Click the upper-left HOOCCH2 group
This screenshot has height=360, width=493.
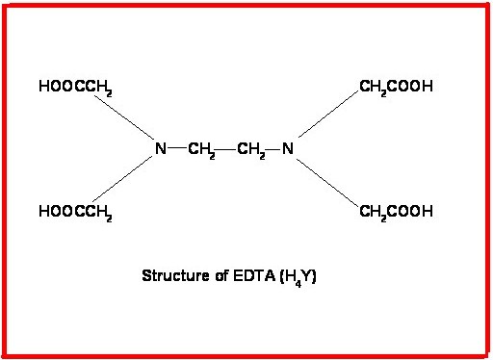(x=76, y=88)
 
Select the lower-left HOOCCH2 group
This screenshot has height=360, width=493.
(x=76, y=212)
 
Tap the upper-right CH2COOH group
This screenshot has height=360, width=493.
(x=396, y=88)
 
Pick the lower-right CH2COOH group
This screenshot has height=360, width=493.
(x=396, y=212)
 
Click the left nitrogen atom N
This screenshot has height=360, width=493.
(x=161, y=149)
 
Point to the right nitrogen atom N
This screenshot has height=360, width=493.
(x=287, y=149)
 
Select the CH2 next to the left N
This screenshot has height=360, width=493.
(x=202, y=150)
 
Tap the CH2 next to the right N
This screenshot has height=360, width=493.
(x=249, y=150)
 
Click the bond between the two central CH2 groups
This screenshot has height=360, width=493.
(x=225, y=149)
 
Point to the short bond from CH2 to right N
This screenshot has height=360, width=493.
(x=273, y=149)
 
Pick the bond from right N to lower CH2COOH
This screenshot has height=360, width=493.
(x=327, y=180)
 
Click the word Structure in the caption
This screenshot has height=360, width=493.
(x=171, y=275)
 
